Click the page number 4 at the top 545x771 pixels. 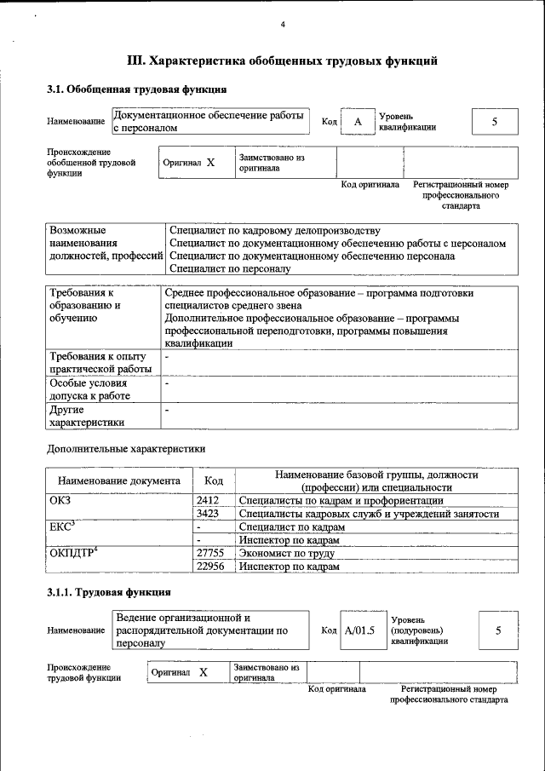(283, 24)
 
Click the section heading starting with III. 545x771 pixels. (282, 61)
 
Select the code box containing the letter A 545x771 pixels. (359, 122)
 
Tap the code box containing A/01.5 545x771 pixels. (359, 630)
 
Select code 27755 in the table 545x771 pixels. (209, 553)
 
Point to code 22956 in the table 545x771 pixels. (209, 566)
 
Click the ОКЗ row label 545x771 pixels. (60, 501)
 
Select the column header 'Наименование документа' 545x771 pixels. (119, 480)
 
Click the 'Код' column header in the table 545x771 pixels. (215, 480)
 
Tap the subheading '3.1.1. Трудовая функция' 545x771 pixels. (109, 591)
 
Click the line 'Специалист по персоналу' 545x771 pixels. (230, 268)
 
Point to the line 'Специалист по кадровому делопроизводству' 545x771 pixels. (274, 231)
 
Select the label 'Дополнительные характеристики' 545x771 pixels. (126, 448)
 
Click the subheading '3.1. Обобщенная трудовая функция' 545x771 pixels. (136, 89)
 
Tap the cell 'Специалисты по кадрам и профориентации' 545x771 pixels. (341, 501)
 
